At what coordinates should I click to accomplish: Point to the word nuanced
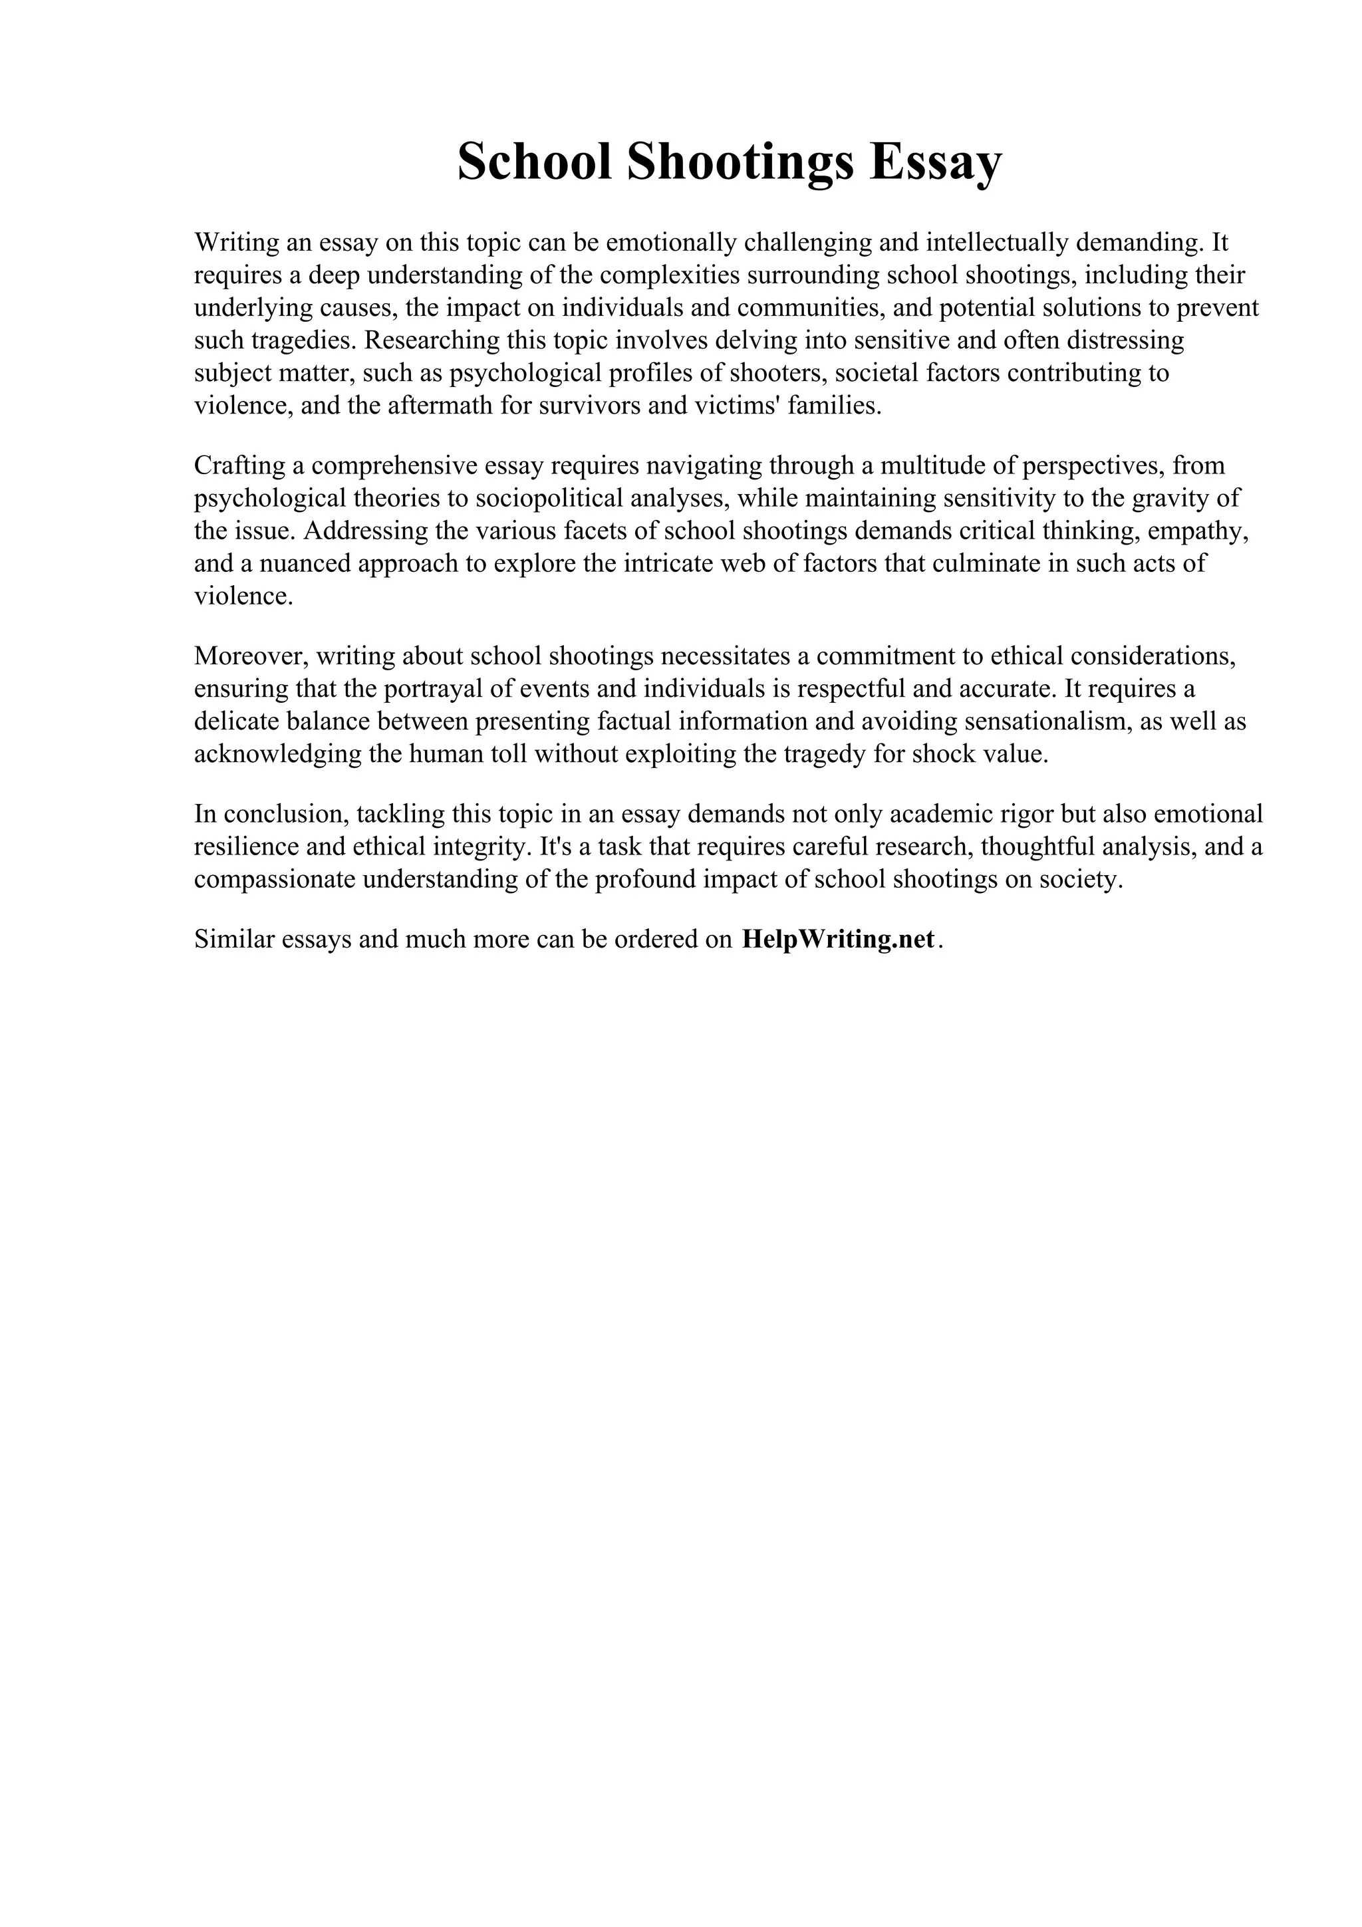click(x=304, y=563)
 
